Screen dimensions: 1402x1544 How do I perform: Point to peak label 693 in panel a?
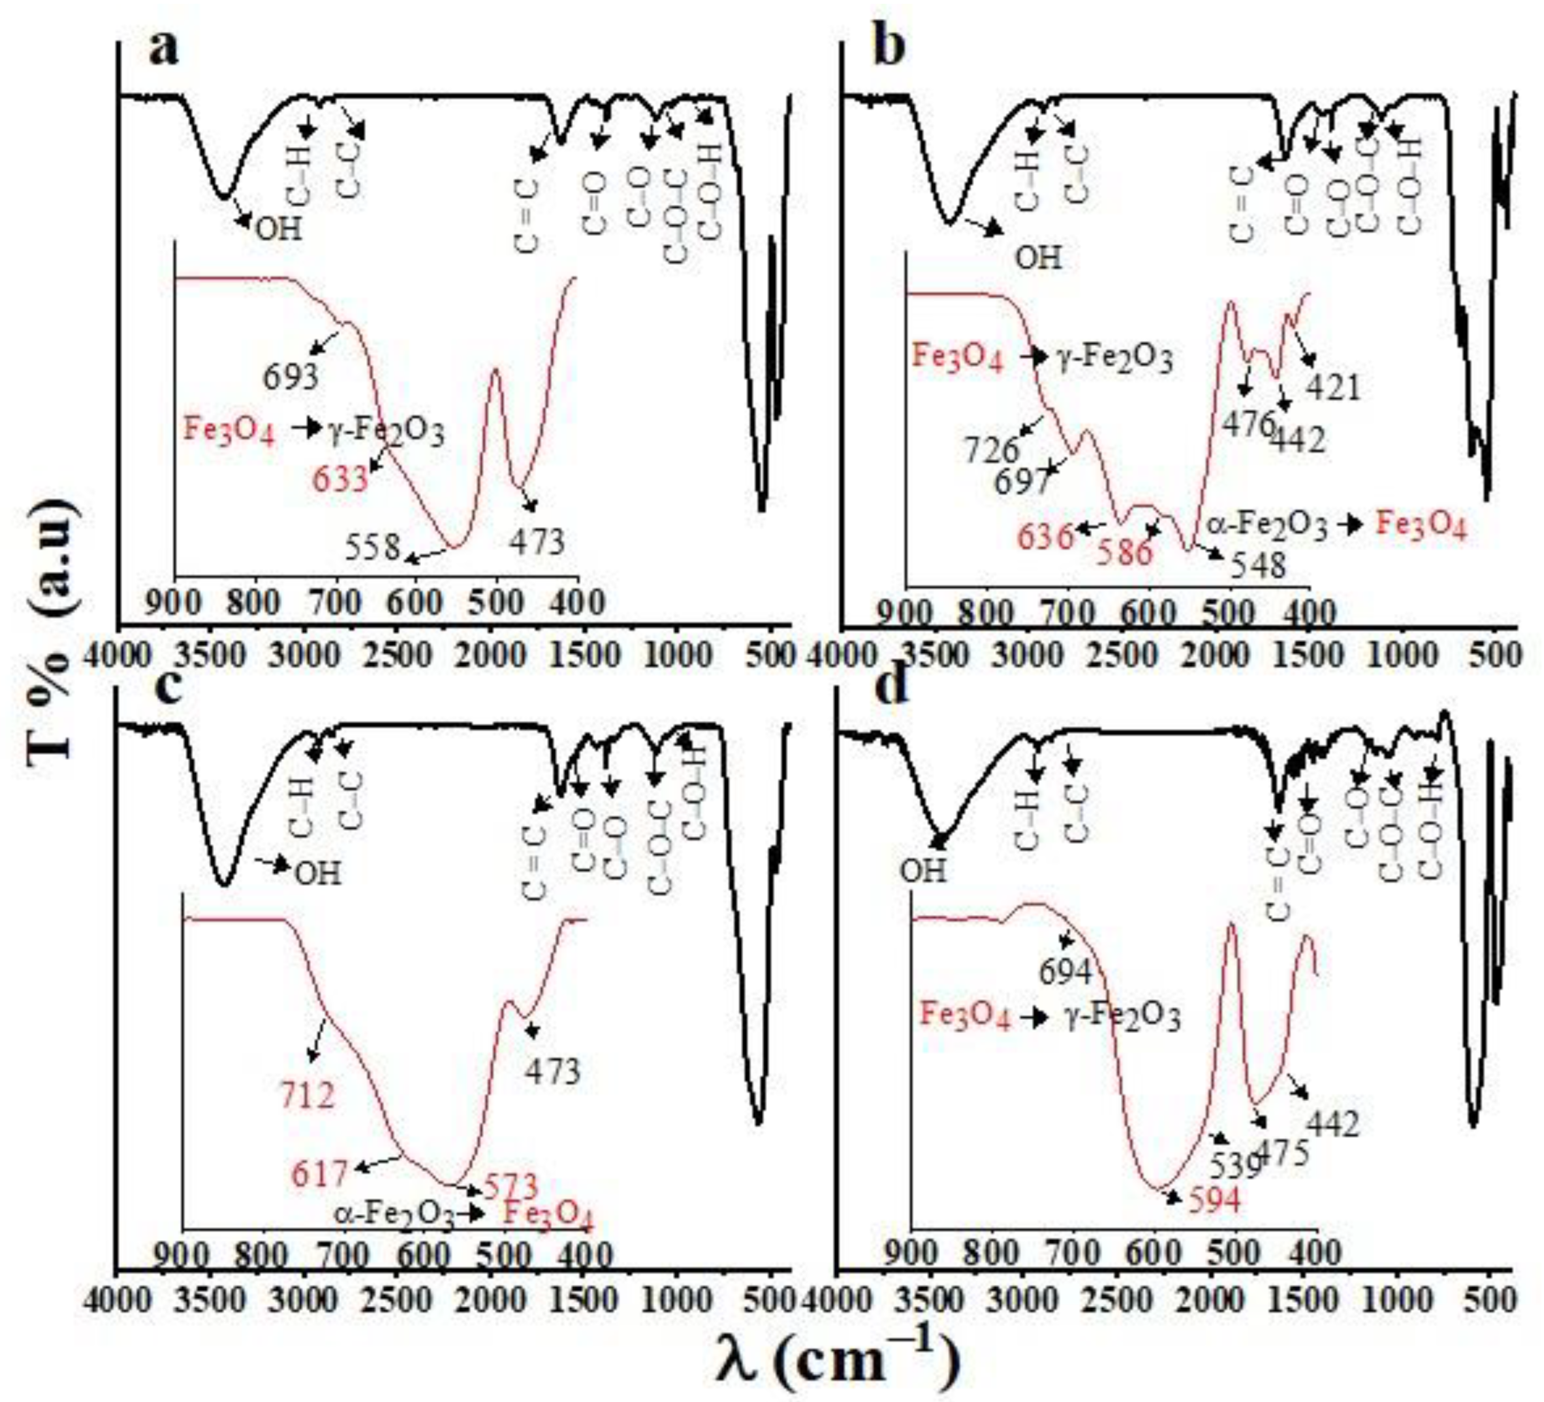(290, 377)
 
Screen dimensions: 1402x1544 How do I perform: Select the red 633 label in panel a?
(340, 480)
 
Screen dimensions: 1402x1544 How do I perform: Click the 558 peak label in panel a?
(372, 548)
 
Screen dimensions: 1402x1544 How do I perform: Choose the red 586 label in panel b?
(1124, 552)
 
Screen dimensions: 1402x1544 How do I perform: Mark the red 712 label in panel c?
(307, 1096)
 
